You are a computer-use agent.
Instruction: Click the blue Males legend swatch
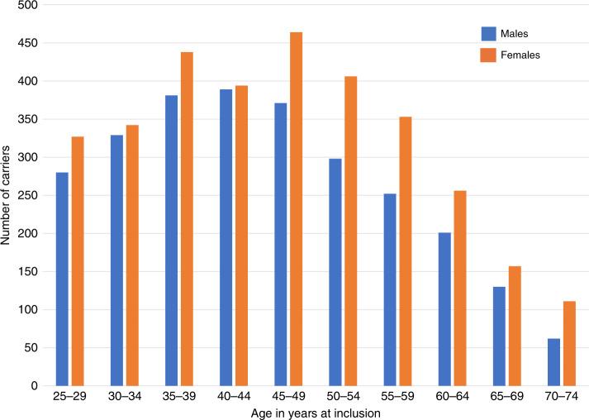[488, 34]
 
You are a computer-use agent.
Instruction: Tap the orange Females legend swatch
[488, 55]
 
